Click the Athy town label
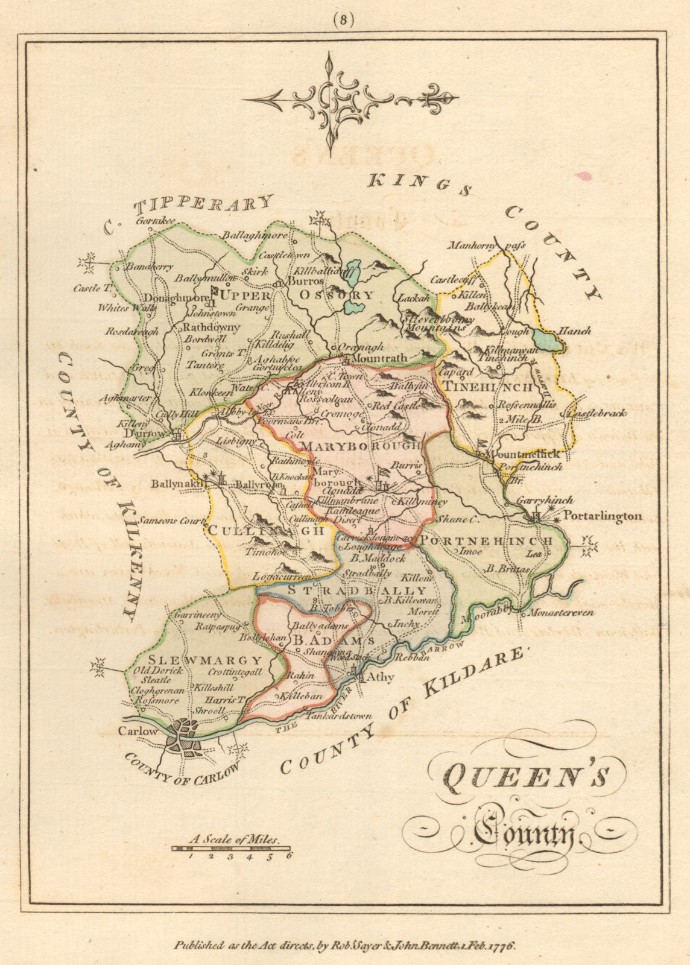[x=381, y=677]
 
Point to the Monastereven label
[x=560, y=612]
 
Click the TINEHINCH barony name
[x=488, y=387]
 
